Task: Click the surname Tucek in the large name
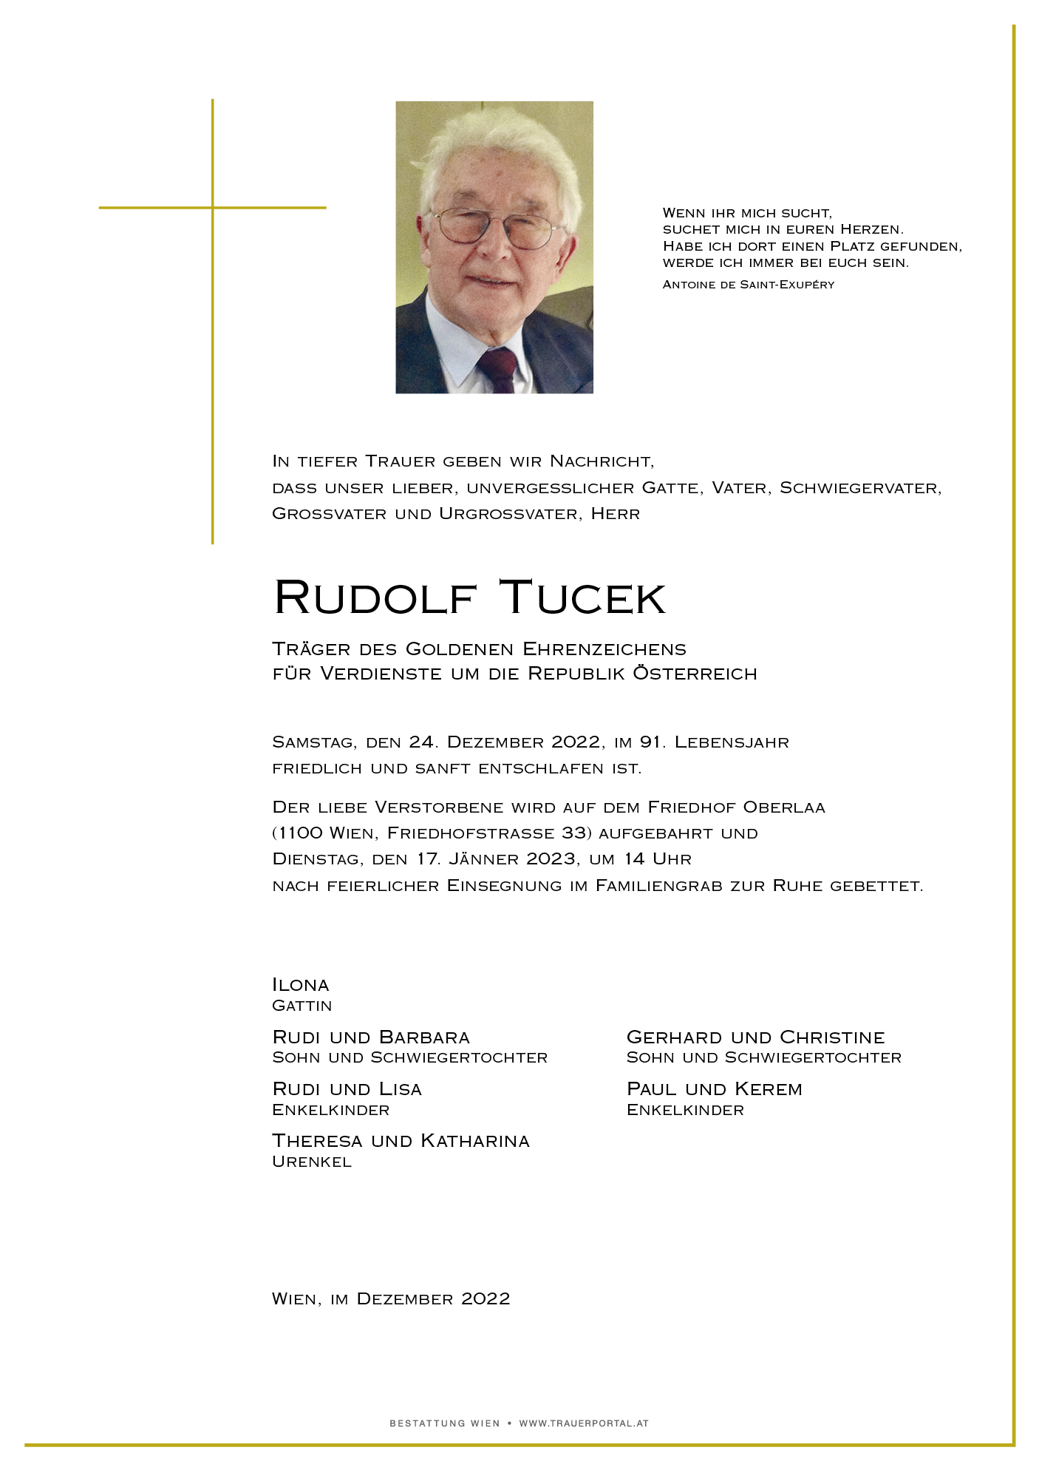pyautogui.click(x=582, y=597)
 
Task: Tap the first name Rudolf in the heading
pyautogui.click(x=375, y=597)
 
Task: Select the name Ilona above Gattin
pyautogui.click(x=301, y=985)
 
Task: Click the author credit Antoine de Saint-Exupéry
pyautogui.click(x=749, y=285)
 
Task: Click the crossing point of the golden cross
pyautogui.click(x=213, y=208)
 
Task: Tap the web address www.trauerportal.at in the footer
pyautogui.click(x=584, y=1423)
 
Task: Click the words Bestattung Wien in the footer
pyautogui.click(x=445, y=1423)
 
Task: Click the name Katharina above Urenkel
pyautogui.click(x=475, y=1141)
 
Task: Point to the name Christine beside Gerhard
pyautogui.click(x=832, y=1037)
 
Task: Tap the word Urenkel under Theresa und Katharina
pyautogui.click(x=312, y=1162)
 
